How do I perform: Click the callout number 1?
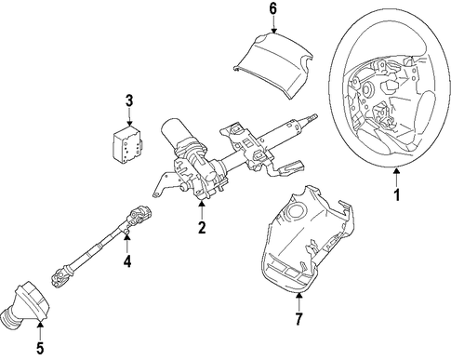pyautogui.click(x=397, y=194)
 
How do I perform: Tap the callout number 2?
pyautogui.click(x=202, y=227)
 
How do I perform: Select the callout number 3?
pyautogui.click(x=129, y=101)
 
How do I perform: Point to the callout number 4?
pyautogui.click(x=127, y=260)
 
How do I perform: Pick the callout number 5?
pyautogui.click(x=40, y=348)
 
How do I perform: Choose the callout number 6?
pyautogui.click(x=272, y=9)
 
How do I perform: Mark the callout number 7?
pyautogui.click(x=298, y=319)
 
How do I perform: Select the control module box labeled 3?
pyautogui.click(x=127, y=144)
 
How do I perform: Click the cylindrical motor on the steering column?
pyautogui.click(x=175, y=133)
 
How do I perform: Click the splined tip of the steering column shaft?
pyautogui.click(x=312, y=118)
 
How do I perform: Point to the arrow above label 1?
pyautogui.click(x=397, y=177)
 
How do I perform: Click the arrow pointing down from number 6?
pyautogui.click(x=273, y=25)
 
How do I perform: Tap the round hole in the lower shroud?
pyautogui.click(x=296, y=212)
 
